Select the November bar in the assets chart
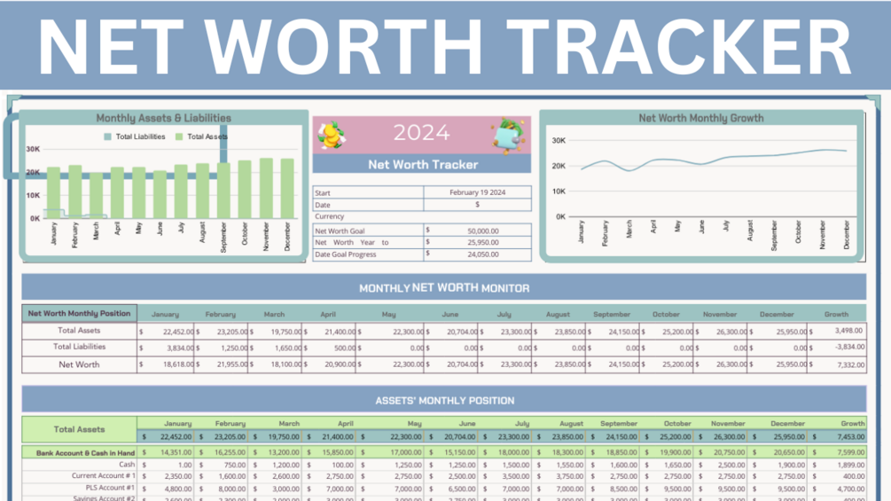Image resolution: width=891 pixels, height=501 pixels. (x=266, y=188)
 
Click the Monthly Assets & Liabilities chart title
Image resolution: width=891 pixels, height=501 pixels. (x=163, y=118)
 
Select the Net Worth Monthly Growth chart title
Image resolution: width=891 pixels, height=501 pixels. (x=700, y=118)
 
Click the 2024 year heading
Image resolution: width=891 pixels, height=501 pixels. (x=421, y=134)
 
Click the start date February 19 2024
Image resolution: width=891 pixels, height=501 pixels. (x=477, y=192)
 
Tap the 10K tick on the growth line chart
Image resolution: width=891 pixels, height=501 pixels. (x=559, y=191)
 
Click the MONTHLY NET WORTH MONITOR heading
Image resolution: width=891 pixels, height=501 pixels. (x=444, y=287)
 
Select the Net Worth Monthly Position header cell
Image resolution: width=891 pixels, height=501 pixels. (x=79, y=313)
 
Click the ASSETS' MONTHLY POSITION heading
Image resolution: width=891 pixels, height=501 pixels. (x=444, y=400)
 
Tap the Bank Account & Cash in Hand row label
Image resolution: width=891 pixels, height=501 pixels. (x=85, y=452)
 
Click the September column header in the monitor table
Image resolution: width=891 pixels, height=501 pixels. (x=612, y=314)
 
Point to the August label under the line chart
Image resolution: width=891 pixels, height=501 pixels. (x=751, y=231)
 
